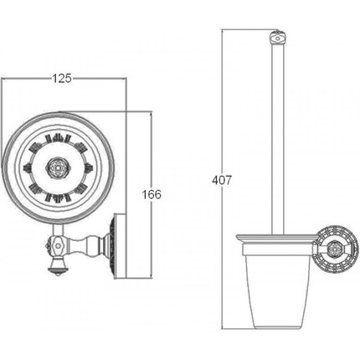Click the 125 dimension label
point(62,79)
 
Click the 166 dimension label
point(152,194)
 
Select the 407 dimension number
point(222,180)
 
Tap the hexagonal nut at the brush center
point(58,168)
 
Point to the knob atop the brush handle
point(277,38)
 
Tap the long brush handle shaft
point(278,140)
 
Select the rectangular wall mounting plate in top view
point(120,246)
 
